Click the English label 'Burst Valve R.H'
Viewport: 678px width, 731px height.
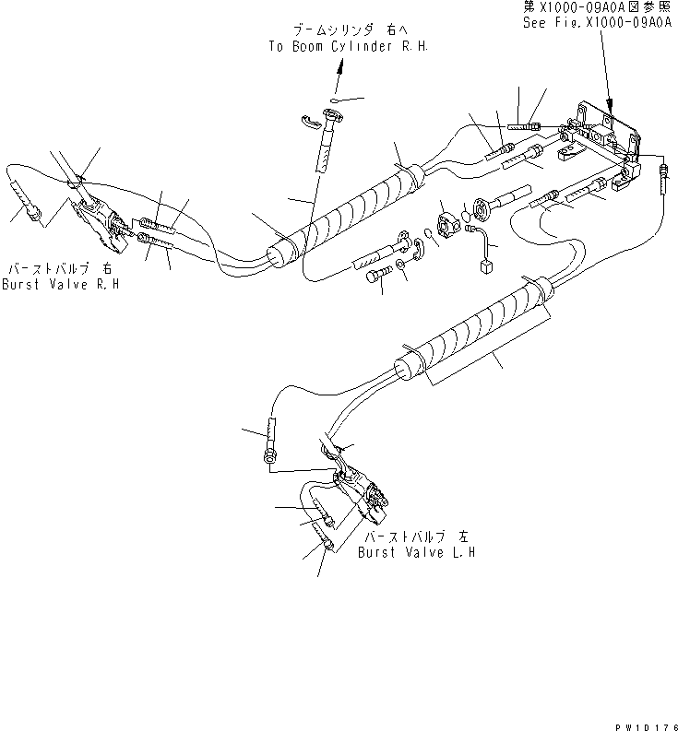pos(60,285)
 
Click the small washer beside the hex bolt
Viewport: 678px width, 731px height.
pos(399,266)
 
